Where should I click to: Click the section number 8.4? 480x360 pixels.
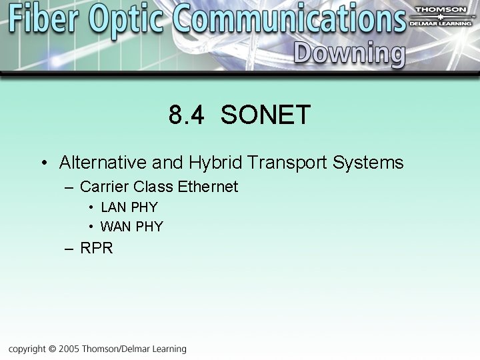(x=187, y=115)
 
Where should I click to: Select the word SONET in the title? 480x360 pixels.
(x=265, y=115)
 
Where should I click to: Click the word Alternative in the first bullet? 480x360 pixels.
(x=103, y=163)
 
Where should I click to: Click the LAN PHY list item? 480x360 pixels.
(x=129, y=207)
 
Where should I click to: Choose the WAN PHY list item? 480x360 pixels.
(x=131, y=227)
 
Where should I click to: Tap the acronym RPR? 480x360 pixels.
(x=97, y=249)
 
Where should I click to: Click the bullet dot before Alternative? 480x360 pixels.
(x=43, y=163)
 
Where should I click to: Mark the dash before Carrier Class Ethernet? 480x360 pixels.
(x=69, y=187)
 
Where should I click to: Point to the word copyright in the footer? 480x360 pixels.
(x=27, y=349)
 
